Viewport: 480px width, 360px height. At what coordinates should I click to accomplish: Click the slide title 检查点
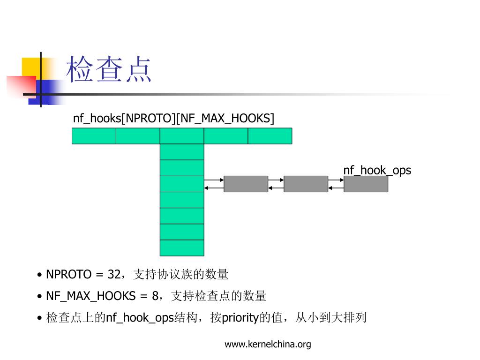109,70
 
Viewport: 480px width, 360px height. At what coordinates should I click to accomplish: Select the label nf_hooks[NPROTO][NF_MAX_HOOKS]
173,118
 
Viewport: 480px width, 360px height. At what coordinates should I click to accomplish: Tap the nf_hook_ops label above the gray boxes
377,170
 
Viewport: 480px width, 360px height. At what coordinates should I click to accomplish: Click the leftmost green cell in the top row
94,136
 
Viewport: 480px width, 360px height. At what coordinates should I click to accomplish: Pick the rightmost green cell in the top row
270,136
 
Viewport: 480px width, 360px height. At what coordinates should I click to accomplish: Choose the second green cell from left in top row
138,136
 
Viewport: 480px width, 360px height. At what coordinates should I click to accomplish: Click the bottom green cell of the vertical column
182,248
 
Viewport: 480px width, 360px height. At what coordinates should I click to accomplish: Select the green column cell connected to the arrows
182,184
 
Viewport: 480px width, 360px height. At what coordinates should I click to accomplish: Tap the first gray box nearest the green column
246,184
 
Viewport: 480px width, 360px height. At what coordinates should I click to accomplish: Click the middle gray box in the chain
306,184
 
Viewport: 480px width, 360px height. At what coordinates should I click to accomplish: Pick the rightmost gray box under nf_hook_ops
366,184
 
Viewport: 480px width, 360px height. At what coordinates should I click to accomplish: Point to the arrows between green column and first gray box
214,184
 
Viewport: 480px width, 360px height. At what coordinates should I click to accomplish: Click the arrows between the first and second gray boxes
276,184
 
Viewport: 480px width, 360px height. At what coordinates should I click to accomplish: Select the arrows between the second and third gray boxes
336,184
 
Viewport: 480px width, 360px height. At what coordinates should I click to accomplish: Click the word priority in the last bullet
240,318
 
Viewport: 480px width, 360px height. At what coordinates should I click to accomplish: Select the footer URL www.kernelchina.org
268,345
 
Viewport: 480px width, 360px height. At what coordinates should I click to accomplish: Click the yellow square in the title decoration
30,67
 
